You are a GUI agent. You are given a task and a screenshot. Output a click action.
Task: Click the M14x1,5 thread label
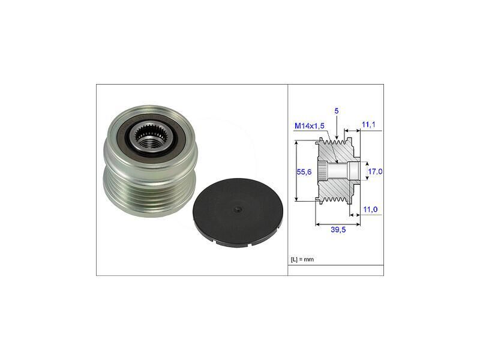click(309, 126)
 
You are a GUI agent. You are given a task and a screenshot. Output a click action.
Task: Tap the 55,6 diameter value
click(304, 172)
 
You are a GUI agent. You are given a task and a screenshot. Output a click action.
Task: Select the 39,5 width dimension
click(338, 230)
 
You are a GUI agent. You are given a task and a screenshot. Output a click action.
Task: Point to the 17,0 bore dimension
click(375, 172)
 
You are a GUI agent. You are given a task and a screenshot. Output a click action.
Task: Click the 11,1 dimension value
click(368, 125)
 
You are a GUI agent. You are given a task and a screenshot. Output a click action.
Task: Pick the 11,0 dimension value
click(370, 209)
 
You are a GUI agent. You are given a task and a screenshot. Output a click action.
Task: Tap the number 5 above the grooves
click(337, 111)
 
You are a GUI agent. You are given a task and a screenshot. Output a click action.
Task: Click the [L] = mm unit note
click(302, 260)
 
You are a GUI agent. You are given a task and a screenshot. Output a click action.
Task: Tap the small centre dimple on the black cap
click(238, 209)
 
